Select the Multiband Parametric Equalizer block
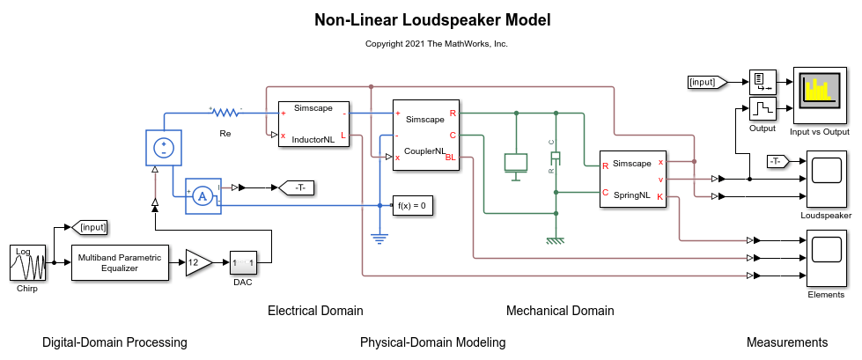coord(120,262)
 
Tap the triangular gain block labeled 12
coord(197,261)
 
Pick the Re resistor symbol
coord(225,113)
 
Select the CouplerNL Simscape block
coord(425,135)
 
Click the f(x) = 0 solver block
coord(412,206)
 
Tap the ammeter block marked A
coord(201,198)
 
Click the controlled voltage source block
coord(163,146)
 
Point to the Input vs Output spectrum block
coord(820,96)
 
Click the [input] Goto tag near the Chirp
coord(91,227)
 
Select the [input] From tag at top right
coord(707,83)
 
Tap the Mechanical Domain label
coord(560,311)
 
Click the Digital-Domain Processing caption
coord(114,342)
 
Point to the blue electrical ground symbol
coord(379,236)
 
